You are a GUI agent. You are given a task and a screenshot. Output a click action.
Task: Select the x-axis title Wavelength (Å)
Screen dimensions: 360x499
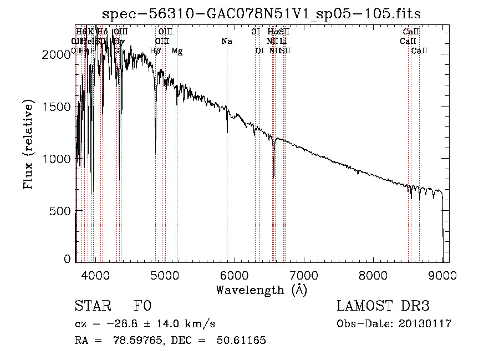click(261, 290)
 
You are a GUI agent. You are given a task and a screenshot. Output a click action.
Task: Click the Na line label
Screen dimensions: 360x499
click(226, 42)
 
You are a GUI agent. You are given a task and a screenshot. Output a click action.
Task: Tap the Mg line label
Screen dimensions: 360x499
click(177, 51)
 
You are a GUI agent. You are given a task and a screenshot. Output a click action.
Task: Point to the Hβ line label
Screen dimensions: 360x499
click(155, 51)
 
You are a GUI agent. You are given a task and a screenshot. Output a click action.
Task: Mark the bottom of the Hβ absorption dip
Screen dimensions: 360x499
click(155, 153)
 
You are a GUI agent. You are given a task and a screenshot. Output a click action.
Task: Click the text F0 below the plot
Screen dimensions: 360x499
click(142, 307)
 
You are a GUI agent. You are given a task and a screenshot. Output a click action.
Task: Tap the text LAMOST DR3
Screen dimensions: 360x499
click(383, 307)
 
